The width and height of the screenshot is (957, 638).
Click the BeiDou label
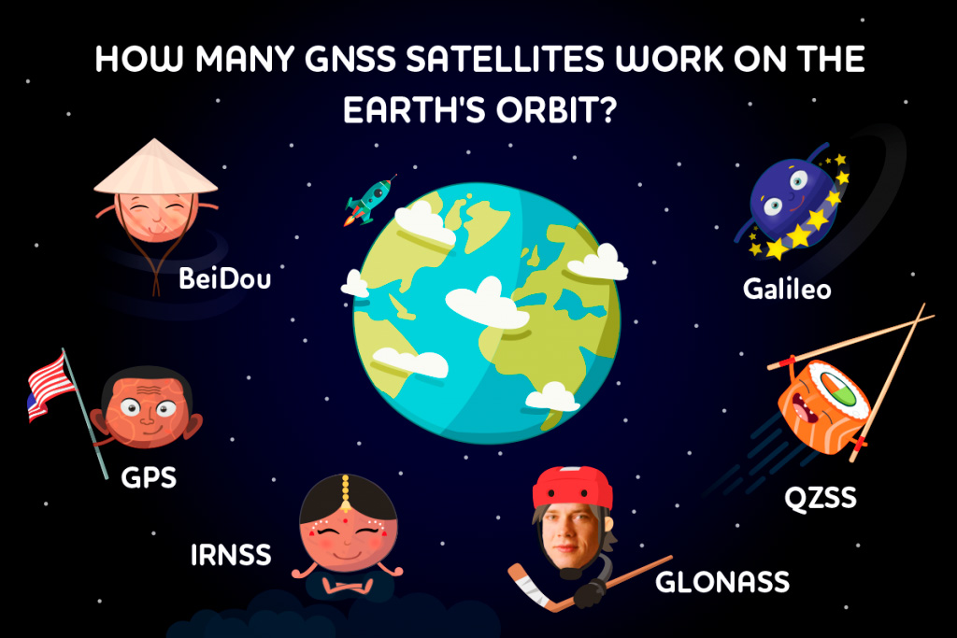[x=224, y=278]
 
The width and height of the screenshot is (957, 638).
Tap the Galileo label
[x=787, y=289]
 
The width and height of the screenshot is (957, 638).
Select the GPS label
[x=149, y=477]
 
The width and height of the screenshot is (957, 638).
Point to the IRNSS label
[x=231, y=555]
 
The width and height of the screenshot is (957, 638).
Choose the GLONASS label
[x=722, y=582]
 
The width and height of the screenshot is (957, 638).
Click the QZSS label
[x=821, y=498]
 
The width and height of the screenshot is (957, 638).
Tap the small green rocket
[x=369, y=200]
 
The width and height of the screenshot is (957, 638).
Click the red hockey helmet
[x=572, y=487]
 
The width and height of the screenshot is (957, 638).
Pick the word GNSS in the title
[x=350, y=59]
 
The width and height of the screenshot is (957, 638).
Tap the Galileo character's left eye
[x=773, y=206]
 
